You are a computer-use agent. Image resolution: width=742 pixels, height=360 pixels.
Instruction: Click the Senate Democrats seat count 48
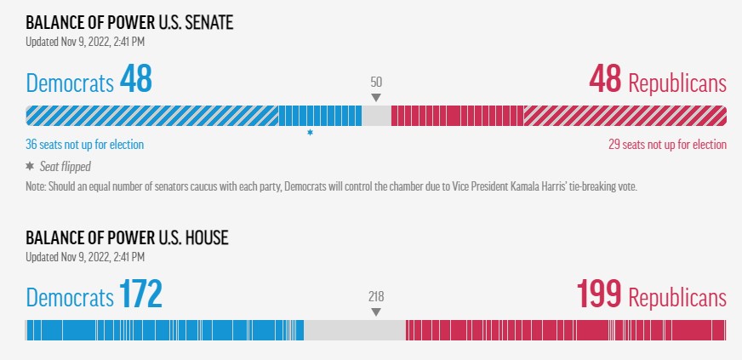136,79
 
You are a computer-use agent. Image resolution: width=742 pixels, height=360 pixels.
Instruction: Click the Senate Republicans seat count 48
605,79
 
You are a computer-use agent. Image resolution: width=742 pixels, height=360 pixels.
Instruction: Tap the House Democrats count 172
140,294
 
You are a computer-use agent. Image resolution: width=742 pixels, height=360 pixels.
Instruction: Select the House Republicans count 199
598,294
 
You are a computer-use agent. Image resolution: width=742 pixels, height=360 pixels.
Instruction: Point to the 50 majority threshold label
376,83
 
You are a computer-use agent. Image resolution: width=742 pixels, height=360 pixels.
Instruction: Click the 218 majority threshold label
376,297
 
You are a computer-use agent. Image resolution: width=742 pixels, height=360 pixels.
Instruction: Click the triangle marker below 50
376,98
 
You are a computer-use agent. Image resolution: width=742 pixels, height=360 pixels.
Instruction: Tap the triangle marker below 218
376,312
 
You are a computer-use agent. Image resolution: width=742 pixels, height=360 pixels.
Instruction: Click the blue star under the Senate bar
310,133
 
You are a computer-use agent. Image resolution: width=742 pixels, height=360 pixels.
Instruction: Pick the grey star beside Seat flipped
30,166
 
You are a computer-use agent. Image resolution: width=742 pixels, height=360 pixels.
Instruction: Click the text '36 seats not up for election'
85,145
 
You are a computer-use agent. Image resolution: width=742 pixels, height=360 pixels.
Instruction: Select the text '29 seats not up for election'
667,145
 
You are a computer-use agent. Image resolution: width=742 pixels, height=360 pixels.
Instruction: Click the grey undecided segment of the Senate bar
377,116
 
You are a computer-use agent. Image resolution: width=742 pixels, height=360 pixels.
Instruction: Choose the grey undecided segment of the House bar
355,330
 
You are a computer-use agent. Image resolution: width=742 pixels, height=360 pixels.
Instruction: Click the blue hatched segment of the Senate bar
152,116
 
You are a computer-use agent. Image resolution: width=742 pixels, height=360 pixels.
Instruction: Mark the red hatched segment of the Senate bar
625,116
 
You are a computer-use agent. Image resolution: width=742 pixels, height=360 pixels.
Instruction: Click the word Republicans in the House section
677,298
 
